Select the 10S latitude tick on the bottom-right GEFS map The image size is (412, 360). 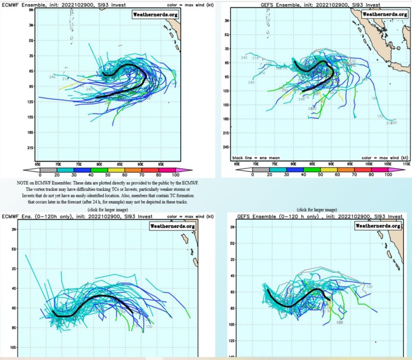click(232, 323)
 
